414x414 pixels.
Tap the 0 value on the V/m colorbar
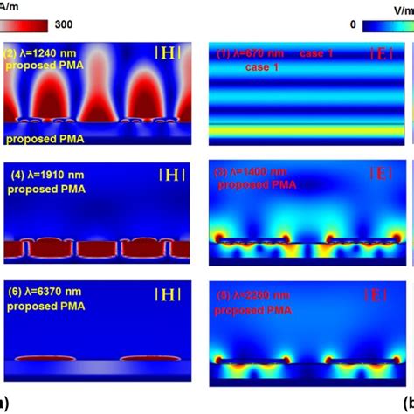click(353, 25)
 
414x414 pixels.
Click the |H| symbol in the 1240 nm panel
click(168, 53)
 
